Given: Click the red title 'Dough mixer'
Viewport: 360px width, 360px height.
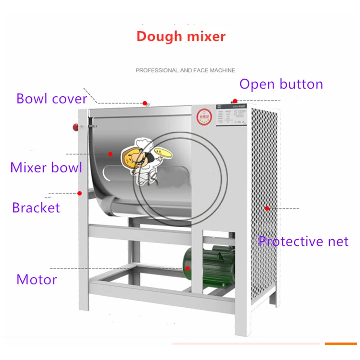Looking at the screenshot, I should (x=181, y=36).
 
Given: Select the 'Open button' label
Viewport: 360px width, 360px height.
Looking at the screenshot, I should (x=281, y=84).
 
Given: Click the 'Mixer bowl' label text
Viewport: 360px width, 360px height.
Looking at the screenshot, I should (x=46, y=167).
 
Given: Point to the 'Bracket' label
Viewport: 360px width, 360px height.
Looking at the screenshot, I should (x=36, y=207).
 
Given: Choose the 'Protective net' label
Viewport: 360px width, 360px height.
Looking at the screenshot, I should (x=303, y=241).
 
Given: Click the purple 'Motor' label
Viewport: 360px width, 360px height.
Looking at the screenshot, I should (x=36, y=279).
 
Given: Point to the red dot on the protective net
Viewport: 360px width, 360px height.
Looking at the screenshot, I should (x=267, y=208).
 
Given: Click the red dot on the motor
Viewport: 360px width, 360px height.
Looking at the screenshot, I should (x=188, y=268).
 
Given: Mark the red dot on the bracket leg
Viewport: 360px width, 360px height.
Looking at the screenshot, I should (x=80, y=193).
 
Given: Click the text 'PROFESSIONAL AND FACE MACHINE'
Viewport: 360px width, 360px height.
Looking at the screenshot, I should (x=185, y=71).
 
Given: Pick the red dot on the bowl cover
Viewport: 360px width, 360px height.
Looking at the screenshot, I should (x=145, y=103).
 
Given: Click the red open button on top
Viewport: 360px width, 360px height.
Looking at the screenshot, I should (x=234, y=101).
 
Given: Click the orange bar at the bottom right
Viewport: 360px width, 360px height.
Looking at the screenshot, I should (x=341, y=344).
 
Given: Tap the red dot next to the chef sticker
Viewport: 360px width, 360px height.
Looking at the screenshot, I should (x=110, y=154).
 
